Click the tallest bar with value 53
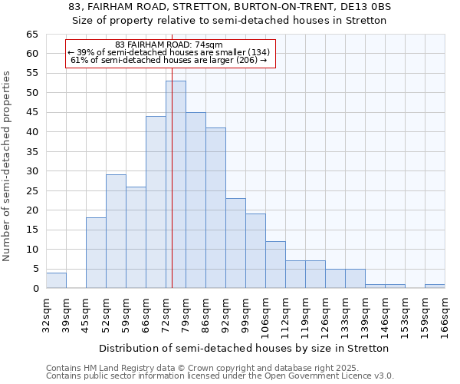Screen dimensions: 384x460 (x=176, y=184)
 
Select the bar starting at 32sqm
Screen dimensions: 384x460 (x=56, y=280)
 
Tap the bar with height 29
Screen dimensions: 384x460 (x=116, y=231)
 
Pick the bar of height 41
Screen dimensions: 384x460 (x=215, y=208)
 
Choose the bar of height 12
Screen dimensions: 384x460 (x=275, y=265)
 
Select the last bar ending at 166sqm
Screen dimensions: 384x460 (x=435, y=286)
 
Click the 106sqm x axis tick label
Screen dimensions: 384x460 (x=266, y=314)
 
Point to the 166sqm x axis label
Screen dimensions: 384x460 (x=445, y=314)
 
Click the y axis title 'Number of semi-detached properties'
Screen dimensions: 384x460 (x=7, y=166)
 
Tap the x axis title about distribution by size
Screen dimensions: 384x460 (x=244, y=348)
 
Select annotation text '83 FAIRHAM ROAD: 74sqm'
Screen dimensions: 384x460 (x=168, y=45)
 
